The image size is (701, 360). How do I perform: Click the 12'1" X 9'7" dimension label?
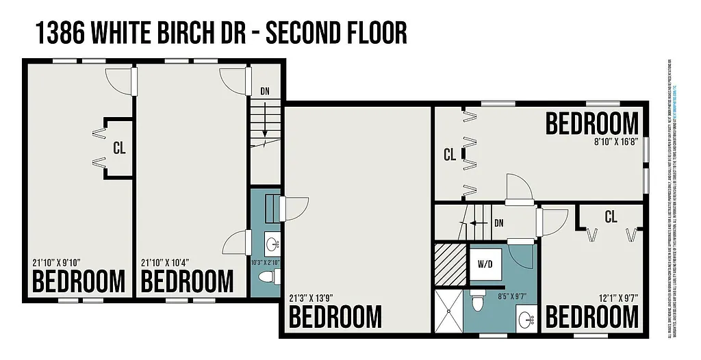614,298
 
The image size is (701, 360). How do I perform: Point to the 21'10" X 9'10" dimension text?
56,263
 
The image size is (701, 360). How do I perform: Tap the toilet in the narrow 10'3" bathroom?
270,277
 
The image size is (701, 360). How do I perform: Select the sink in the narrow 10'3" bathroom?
272,243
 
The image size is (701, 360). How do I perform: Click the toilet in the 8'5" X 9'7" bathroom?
479,299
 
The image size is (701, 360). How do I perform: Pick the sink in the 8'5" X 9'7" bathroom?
524,318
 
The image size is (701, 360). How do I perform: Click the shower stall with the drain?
448,311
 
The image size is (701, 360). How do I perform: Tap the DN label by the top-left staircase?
266,90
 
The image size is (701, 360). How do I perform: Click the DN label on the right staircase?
499,223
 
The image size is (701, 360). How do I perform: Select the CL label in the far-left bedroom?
119,147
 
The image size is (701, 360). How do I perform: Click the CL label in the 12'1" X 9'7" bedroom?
611,218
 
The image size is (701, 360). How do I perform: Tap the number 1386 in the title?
58,32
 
